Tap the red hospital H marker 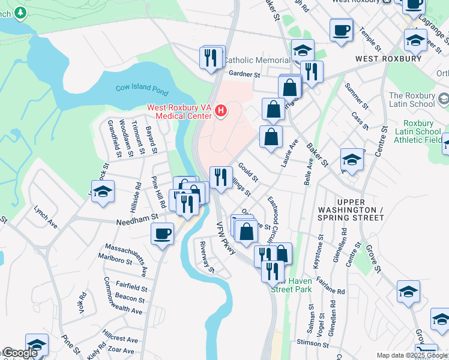[221, 111]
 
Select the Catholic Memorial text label [256, 61]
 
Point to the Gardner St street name [244, 75]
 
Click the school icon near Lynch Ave [103, 191]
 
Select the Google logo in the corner [19, 353]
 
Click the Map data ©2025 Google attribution [411, 355]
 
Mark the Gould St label [248, 172]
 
